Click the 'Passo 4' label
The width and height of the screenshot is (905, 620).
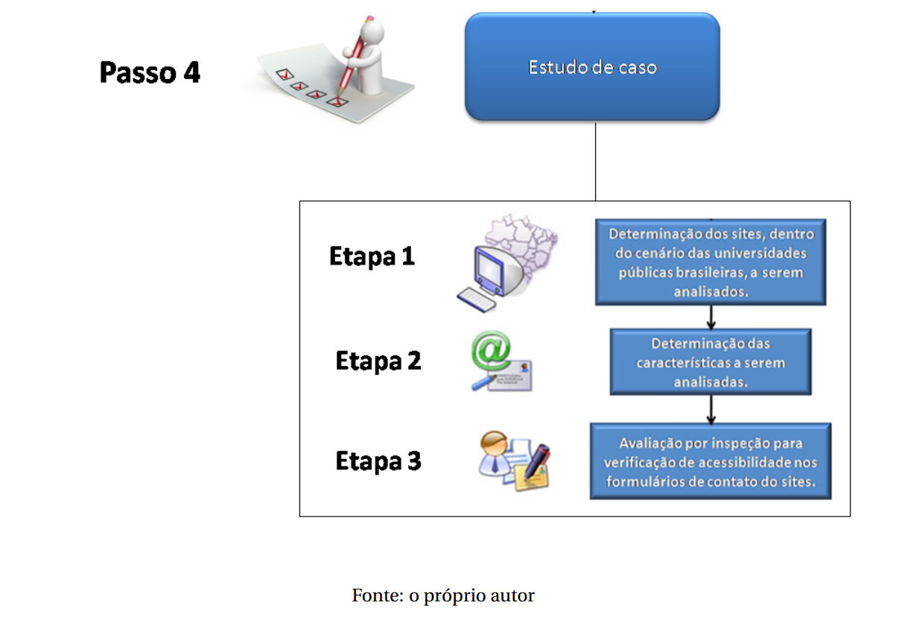coord(150,73)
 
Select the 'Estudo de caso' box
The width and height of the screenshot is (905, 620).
coord(592,67)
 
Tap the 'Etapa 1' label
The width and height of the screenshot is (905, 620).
coord(372,256)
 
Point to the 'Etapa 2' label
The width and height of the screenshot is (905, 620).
coord(378,361)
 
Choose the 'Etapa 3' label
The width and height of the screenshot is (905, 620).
coord(378,461)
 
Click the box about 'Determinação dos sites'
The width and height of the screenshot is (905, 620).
coord(710,262)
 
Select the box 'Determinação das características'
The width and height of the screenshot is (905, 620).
coord(710,362)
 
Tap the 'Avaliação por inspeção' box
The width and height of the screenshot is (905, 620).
coord(710,461)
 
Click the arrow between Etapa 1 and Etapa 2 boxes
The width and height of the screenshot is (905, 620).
coord(711,317)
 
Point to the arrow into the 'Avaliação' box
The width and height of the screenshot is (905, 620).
coord(711,408)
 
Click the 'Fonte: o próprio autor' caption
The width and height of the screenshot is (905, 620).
coord(443,595)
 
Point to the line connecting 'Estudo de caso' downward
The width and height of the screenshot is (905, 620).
coord(595,160)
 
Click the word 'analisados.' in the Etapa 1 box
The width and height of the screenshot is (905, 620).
coord(710,293)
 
